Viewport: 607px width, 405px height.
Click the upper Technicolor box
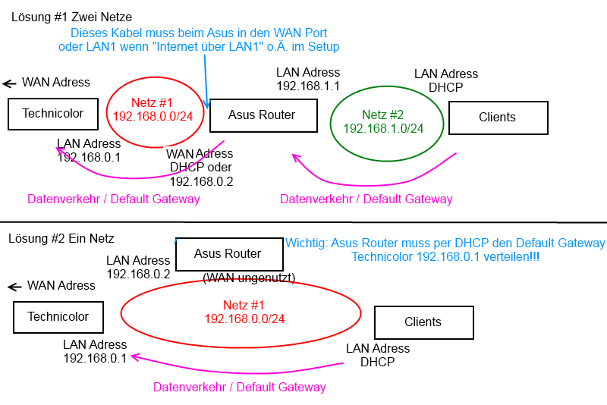52,114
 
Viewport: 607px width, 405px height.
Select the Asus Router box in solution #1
262,115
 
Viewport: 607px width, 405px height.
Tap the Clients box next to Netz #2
498,118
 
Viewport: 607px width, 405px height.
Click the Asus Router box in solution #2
228,254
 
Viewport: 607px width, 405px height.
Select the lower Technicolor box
58,317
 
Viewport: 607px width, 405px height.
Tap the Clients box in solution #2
423,322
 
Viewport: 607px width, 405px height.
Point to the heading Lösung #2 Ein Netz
61,238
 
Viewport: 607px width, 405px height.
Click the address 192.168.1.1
308,86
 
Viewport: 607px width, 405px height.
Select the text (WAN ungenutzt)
249,278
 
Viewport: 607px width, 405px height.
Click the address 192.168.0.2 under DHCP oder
201,181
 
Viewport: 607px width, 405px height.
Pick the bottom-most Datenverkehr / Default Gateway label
240,387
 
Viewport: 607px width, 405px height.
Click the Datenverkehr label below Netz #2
366,199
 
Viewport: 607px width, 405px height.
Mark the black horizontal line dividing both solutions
303,222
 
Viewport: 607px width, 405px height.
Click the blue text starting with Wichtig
445,250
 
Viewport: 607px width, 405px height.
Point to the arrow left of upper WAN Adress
9,83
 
